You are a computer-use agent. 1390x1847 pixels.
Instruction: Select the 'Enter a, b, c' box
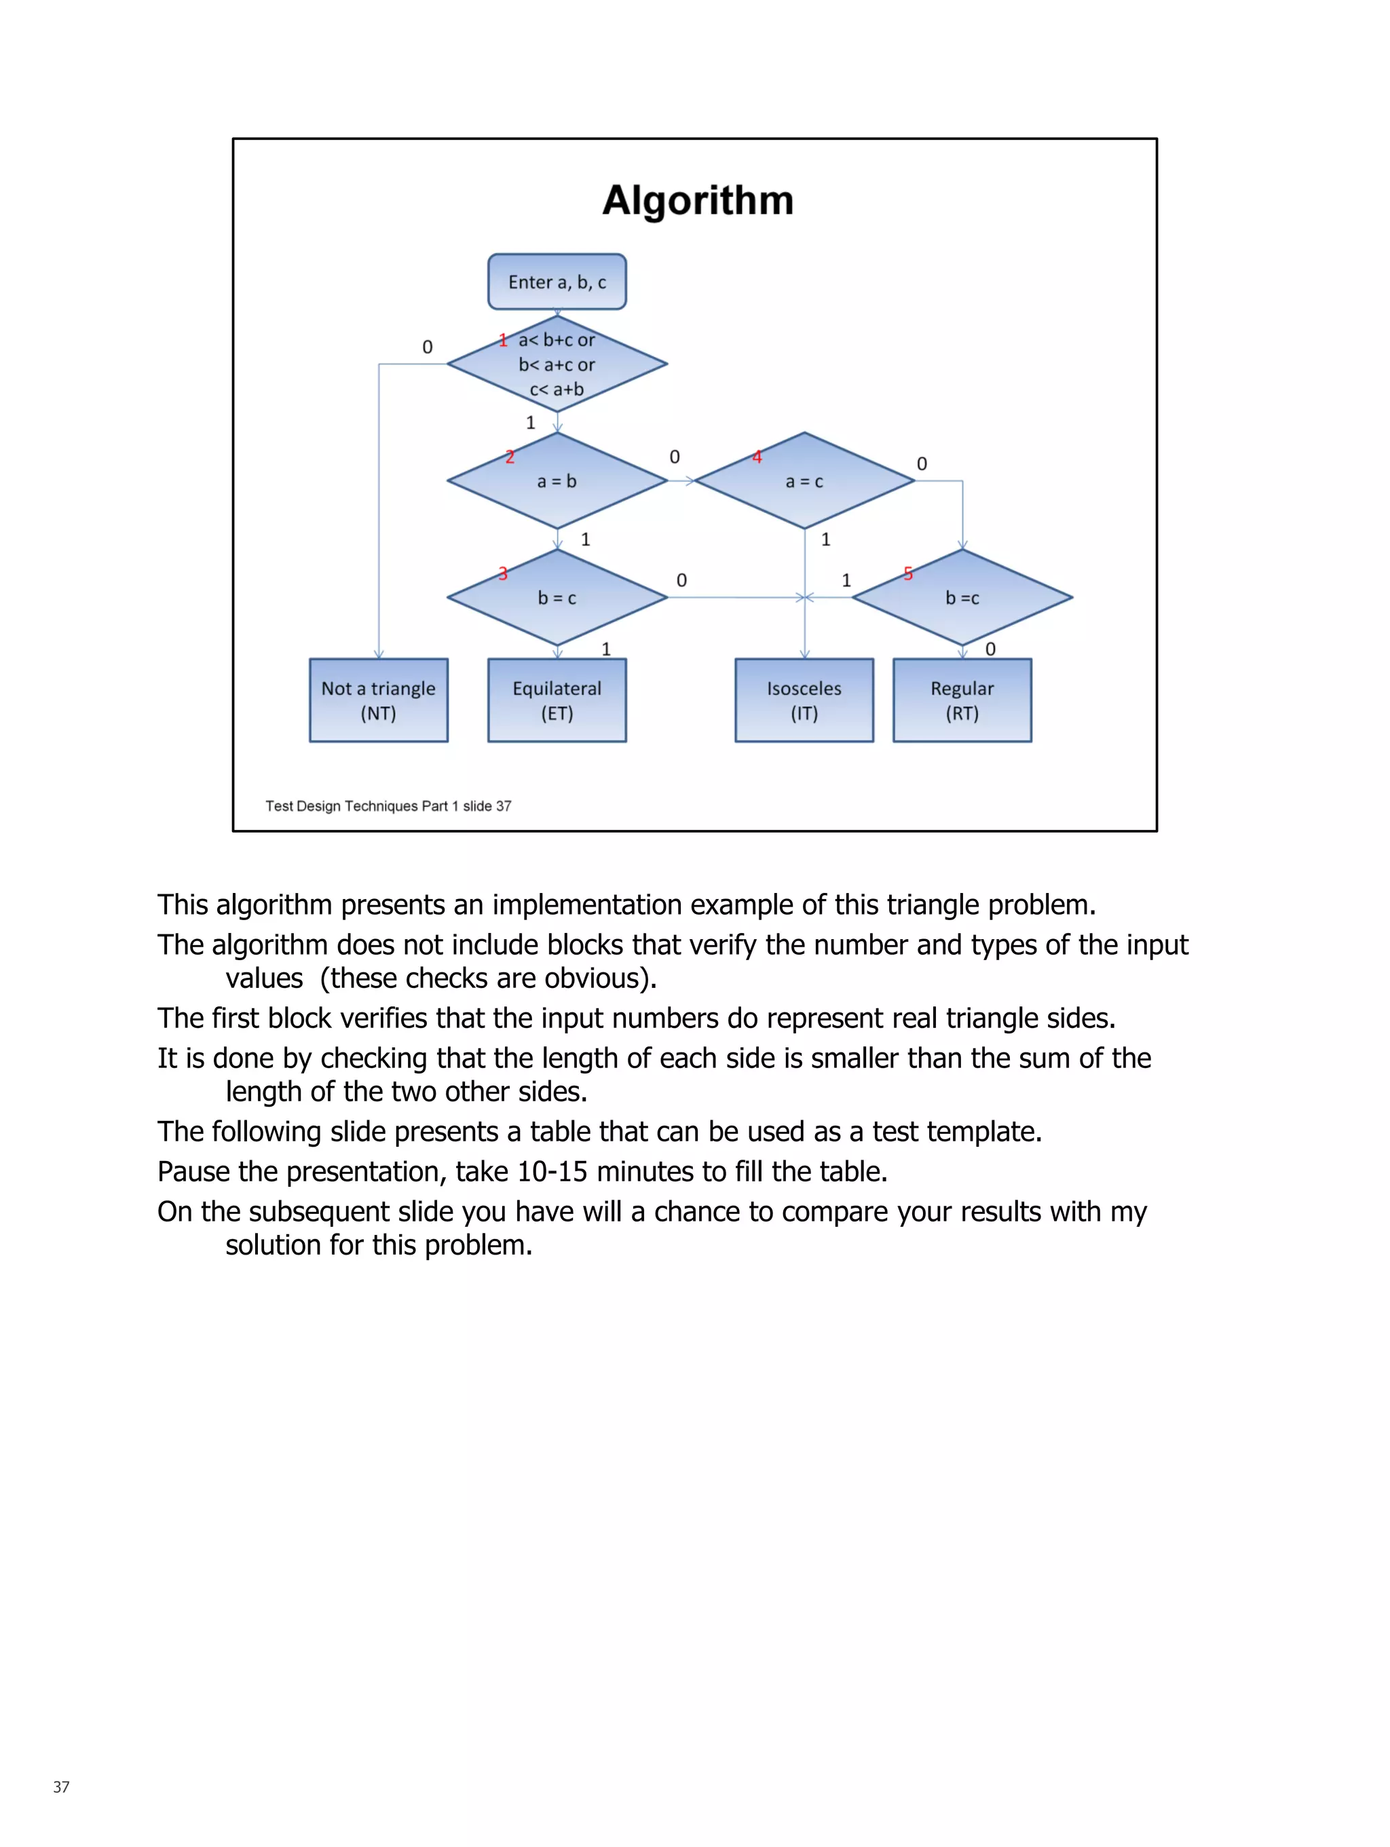[557, 282]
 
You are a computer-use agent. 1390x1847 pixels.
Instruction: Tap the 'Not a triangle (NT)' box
[379, 700]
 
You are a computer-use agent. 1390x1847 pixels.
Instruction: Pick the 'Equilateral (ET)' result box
[557, 700]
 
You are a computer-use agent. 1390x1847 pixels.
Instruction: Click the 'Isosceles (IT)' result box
[804, 700]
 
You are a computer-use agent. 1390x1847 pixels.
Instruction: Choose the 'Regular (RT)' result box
[962, 700]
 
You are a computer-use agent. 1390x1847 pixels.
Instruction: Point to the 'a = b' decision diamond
[557, 481]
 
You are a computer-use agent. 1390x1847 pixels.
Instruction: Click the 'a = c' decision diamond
[804, 481]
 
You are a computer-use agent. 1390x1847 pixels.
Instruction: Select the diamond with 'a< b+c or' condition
[557, 364]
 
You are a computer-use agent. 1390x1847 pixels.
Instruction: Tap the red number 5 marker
[908, 573]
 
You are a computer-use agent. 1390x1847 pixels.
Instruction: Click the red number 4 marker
[757, 457]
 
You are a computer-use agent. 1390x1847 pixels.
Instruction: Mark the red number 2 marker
[510, 457]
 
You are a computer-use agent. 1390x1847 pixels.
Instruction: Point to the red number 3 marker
[503, 573]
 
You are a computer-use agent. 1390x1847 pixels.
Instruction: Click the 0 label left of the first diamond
[427, 347]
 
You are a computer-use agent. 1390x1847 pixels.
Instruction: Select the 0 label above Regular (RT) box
[990, 649]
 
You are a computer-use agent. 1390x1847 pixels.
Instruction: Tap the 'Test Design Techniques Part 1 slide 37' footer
[388, 805]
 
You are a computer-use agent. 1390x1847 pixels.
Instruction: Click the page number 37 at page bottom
[61, 1787]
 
